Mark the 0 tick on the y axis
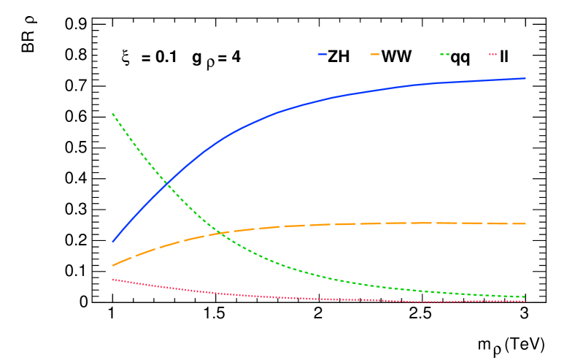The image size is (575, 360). tap(84, 302)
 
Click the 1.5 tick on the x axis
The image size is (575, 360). tap(215, 315)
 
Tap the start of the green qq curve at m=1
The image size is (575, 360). tap(113, 113)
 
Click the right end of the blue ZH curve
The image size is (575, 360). tap(524, 78)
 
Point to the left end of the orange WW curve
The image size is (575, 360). tap(113, 265)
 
